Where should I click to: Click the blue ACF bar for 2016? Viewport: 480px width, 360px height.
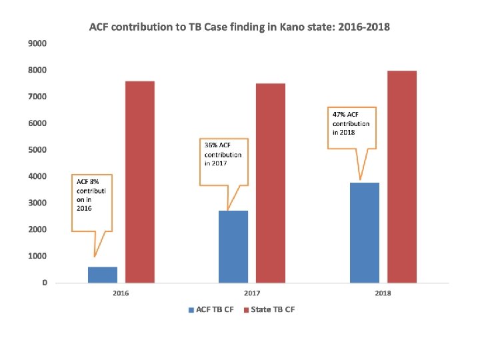click(x=103, y=275)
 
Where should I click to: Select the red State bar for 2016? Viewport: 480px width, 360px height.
click(x=140, y=182)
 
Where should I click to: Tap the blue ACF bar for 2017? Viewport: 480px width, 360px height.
click(x=233, y=247)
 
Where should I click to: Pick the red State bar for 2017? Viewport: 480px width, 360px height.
click(x=271, y=183)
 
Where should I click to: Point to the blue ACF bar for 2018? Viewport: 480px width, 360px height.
click(x=365, y=233)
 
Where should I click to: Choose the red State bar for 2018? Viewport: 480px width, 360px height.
click(x=402, y=177)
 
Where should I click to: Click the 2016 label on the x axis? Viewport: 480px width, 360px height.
click(x=121, y=293)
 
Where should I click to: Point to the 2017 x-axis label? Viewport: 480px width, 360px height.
click(x=252, y=293)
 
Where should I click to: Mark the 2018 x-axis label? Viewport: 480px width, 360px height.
click(x=383, y=293)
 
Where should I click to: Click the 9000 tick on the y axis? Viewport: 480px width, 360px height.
click(x=37, y=43)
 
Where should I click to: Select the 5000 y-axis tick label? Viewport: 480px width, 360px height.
click(x=37, y=150)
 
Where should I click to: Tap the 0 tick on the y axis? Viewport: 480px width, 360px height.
click(x=45, y=283)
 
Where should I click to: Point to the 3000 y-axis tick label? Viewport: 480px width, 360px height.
click(x=37, y=203)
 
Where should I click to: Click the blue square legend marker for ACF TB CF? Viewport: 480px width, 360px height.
click(x=191, y=310)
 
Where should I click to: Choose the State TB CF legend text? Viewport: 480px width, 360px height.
click(x=273, y=309)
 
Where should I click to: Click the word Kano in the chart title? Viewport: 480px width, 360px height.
click(x=291, y=27)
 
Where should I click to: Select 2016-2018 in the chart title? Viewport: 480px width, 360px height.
click(x=364, y=27)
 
